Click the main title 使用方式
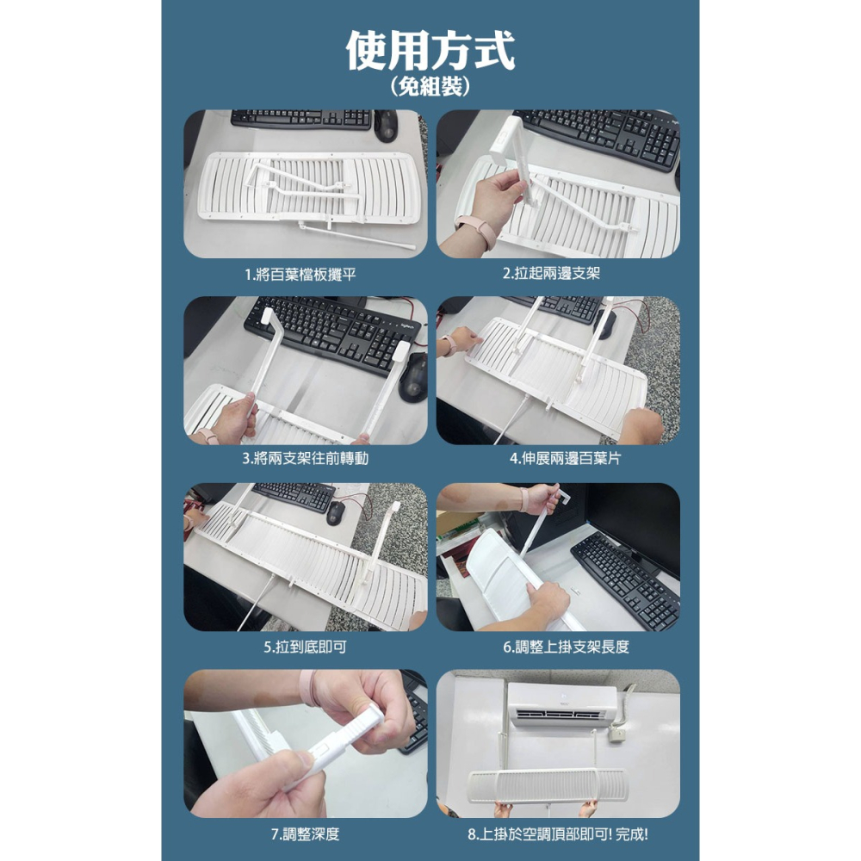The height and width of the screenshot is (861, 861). [x=430, y=51]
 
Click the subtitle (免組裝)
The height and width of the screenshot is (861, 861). [x=430, y=86]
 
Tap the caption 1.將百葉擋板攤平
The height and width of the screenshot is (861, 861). [x=300, y=274]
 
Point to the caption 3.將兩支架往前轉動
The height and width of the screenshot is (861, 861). [x=305, y=459]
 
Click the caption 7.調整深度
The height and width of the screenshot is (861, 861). [x=299, y=833]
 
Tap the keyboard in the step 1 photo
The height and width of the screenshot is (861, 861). [x=301, y=119]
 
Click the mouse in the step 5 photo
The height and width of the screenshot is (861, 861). [x=336, y=511]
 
